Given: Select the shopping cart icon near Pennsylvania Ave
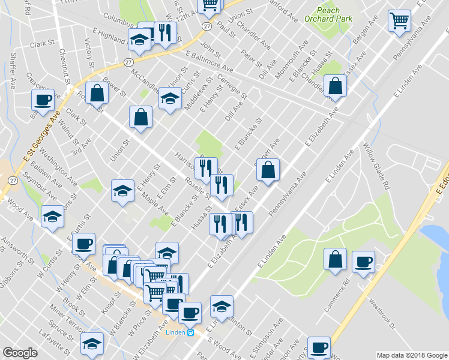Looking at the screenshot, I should (399, 21).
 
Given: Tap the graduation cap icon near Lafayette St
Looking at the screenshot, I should (92, 344).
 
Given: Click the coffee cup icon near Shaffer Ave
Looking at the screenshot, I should (43, 100).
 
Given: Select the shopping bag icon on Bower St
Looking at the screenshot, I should (97, 93).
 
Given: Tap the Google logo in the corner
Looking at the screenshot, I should (20, 352).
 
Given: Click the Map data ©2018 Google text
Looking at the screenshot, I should (411, 355).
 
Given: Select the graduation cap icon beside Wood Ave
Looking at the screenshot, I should (52, 217).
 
